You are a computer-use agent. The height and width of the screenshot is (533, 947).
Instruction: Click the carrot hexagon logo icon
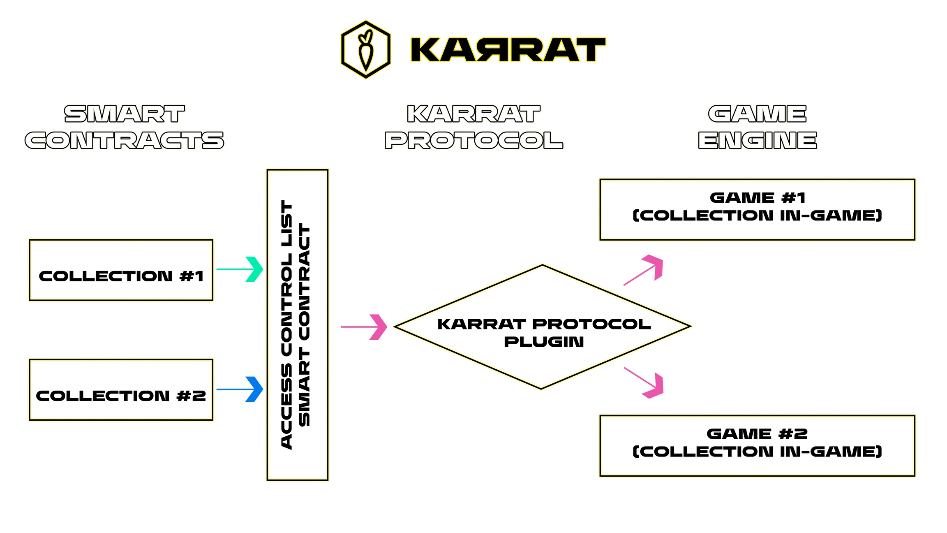tap(365, 49)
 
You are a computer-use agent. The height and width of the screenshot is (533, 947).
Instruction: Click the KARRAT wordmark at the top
tap(508, 50)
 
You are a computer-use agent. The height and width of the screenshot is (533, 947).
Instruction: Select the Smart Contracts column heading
tap(124, 127)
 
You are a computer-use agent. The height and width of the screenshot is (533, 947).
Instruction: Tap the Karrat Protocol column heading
tap(473, 127)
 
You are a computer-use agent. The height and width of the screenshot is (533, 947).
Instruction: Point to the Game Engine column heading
tap(758, 127)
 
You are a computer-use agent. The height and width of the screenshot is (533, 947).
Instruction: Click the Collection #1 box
tap(121, 270)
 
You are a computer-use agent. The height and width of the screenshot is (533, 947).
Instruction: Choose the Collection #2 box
tap(121, 390)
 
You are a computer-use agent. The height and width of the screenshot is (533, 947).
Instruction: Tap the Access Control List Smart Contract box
tap(298, 325)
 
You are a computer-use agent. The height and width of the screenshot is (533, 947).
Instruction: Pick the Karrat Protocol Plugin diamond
tap(543, 327)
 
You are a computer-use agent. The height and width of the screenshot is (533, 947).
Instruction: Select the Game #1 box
tap(757, 210)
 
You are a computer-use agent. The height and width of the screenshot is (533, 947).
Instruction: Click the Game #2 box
tap(757, 446)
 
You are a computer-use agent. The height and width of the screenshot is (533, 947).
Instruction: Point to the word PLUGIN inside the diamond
tap(544, 342)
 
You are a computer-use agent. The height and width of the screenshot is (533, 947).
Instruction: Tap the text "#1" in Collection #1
tap(192, 276)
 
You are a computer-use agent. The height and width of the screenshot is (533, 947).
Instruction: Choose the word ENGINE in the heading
tap(758, 141)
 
